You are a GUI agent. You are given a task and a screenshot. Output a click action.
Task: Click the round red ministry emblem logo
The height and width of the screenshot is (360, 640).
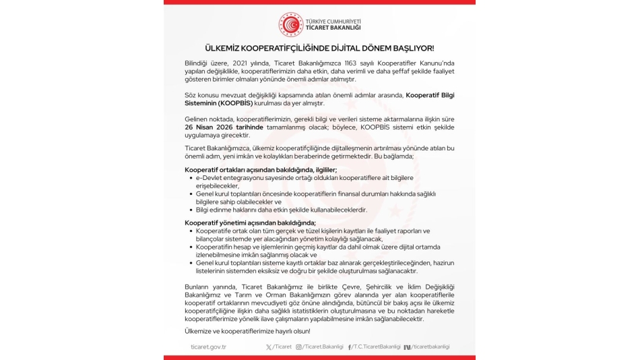pos(291,24)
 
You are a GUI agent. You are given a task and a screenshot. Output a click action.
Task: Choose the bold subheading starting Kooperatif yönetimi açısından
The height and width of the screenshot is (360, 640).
pos(250,222)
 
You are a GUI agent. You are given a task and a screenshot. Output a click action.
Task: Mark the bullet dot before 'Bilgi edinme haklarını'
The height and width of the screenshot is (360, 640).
pos(191,210)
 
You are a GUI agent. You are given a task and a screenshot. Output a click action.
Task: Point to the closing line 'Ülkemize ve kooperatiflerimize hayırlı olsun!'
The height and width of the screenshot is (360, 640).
pos(247,330)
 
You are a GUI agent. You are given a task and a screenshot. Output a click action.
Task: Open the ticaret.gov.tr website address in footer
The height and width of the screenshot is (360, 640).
pos(208,347)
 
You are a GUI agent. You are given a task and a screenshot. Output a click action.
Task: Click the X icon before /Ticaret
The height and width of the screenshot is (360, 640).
pos(269,347)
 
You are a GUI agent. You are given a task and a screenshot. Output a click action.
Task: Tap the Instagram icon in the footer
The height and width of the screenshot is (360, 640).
pos(299,347)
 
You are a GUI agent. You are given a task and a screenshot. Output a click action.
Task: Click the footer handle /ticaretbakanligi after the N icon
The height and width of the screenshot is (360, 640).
pos(430,347)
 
